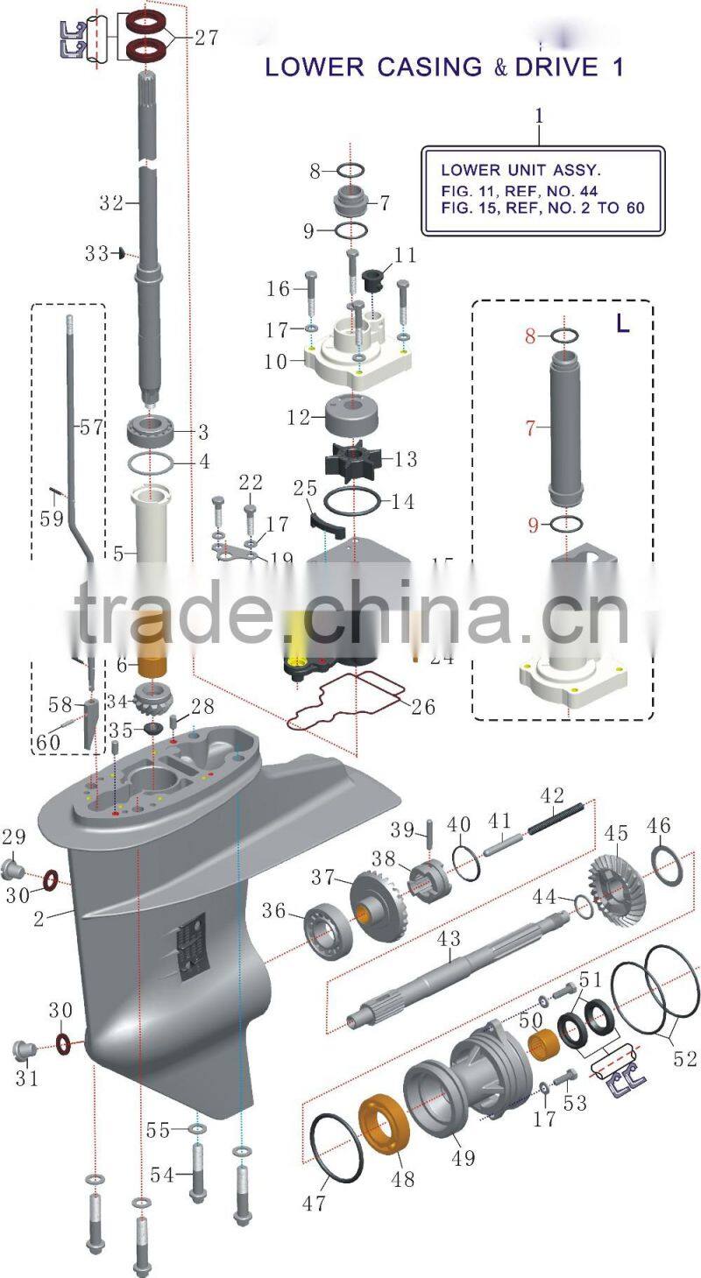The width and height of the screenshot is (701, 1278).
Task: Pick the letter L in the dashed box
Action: [622, 324]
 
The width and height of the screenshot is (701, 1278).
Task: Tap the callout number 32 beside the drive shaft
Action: [110, 202]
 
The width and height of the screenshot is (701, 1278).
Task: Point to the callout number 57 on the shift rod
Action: [91, 428]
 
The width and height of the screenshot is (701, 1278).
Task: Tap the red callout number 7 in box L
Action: [529, 429]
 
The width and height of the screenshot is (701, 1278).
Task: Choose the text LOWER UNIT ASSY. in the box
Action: [520, 170]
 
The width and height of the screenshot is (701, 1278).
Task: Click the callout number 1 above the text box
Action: [540, 115]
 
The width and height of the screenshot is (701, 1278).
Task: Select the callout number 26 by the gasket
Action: [423, 707]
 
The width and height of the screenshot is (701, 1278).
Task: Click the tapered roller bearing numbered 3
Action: [154, 430]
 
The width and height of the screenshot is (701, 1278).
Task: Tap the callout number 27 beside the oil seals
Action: [206, 38]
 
